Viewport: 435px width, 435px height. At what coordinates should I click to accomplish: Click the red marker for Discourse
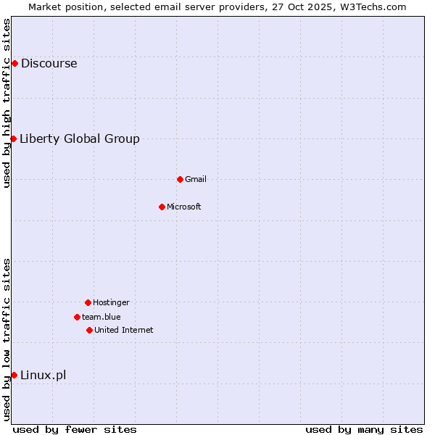pos(14,64)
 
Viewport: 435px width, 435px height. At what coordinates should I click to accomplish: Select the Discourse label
pos(49,64)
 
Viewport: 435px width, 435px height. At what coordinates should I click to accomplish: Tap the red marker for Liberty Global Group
pos(13,138)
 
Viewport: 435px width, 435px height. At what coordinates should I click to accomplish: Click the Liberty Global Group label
pos(80,139)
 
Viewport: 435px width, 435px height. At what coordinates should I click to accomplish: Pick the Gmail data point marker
pos(180,179)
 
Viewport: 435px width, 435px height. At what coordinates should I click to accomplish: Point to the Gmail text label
pos(196,179)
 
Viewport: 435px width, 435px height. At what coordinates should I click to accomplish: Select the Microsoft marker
pos(162,207)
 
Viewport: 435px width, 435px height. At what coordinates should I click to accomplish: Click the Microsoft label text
pos(184,207)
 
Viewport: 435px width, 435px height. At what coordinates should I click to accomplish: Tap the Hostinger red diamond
pos(88,302)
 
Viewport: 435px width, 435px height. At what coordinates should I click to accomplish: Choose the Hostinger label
pos(111,303)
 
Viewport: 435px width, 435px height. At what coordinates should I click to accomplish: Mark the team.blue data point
pos(77,317)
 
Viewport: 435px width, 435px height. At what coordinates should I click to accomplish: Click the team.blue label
pos(101,317)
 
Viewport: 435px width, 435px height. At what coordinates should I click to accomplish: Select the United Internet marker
pos(89,330)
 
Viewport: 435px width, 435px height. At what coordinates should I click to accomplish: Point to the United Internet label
pos(124,331)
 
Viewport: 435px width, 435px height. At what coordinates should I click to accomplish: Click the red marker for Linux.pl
pos(14,375)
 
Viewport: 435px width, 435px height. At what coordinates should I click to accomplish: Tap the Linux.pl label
pos(43,376)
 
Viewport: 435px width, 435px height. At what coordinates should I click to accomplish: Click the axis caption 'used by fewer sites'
pos(75,429)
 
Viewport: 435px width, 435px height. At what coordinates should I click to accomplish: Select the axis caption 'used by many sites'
pos(364,429)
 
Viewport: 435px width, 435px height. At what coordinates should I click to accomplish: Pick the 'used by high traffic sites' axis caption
pos(7,103)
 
